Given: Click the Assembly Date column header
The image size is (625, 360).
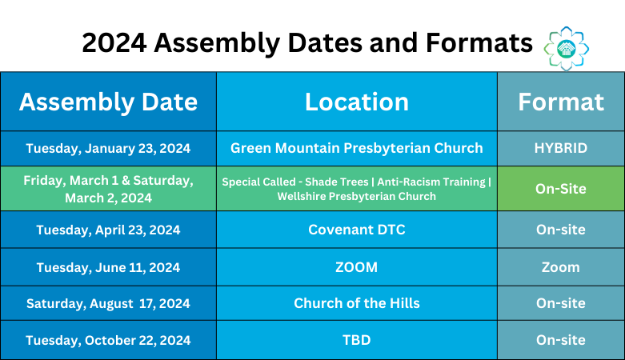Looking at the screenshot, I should [108, 102].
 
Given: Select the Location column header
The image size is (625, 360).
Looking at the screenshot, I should [356, 102].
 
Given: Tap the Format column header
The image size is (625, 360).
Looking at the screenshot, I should [560, 102].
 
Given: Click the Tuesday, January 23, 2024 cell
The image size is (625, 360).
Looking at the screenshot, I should [108, 149].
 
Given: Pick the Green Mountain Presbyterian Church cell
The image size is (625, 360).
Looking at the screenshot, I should [356, 149].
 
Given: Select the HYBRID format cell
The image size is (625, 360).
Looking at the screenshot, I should [560, 149].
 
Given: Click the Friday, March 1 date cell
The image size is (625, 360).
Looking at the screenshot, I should [108, 189].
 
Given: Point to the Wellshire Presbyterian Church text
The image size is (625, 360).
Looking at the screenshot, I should [356, 197].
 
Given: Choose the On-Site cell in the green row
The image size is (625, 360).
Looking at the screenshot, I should [560, 189].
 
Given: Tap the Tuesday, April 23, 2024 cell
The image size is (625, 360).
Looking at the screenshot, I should [108, 230].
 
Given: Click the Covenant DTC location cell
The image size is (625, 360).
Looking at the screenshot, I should [356, 230].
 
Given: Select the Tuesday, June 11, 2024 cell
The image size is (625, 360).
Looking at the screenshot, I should [108, 267].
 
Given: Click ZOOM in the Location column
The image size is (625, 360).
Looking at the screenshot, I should [356, 267].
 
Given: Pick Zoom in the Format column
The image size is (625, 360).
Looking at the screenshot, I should [560, 267].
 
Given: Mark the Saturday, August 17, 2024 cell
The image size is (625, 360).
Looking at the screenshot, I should [108, 304].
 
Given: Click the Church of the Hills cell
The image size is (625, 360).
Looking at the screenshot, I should [356, 304].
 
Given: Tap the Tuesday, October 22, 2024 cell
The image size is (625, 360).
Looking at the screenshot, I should [108, 341].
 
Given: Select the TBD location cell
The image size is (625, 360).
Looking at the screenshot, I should [356, 341].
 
